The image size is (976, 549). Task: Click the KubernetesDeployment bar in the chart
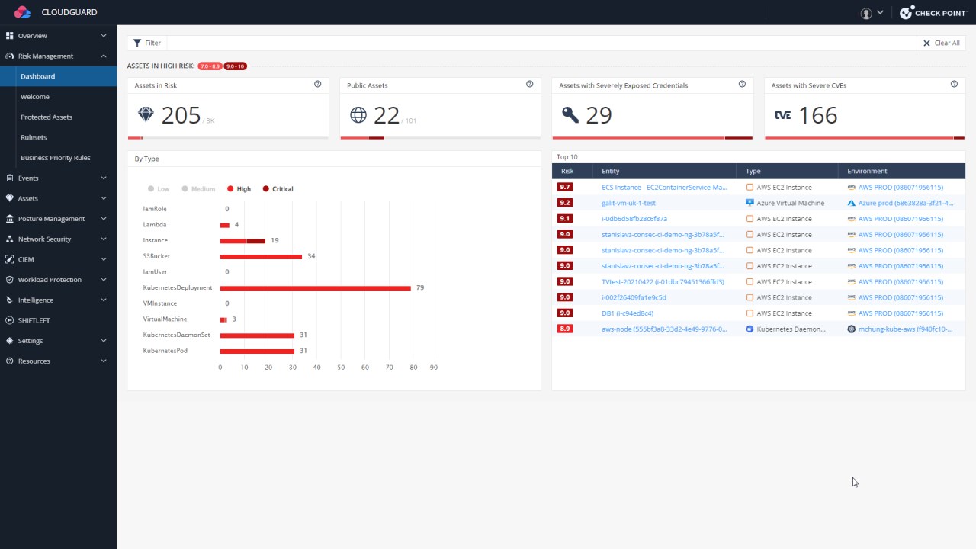point(315,288)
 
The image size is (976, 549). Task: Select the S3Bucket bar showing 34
point(261,256)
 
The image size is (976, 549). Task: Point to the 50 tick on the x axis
point(341,368)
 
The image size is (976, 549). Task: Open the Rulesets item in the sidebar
point(34,137)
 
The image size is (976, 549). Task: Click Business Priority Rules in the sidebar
point(56,158)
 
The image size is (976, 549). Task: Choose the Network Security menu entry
point(44,239)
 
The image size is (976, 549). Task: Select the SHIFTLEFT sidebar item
point(34,320)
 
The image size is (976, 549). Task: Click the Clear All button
point(942,43)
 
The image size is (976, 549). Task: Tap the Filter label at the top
point(152,43)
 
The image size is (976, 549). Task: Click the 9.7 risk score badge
point(565,187)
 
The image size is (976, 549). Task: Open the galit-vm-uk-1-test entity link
point(628,203)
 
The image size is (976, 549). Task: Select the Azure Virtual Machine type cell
point(790,203)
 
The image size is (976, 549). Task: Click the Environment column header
point(867,171)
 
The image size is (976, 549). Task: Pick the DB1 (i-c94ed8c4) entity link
point(627,313)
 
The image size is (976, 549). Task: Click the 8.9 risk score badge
point(565,329)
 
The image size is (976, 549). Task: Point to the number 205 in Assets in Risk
point(181,115)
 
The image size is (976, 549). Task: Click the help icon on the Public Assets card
point(530,85)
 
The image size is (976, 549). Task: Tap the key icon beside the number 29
point(570,115)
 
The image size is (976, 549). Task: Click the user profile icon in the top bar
point(866,13)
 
